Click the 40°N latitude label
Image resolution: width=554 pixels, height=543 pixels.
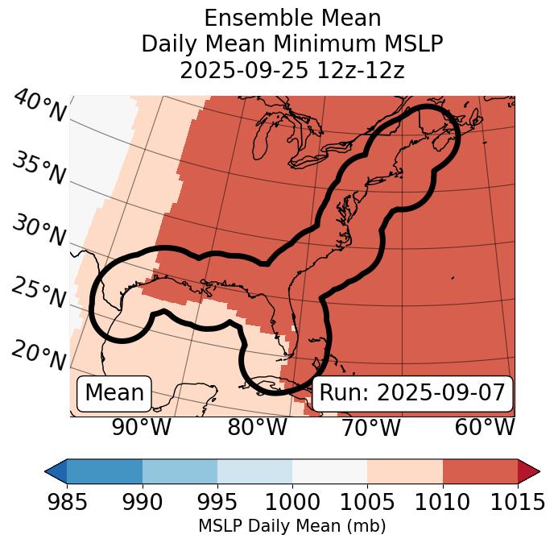[39, 106]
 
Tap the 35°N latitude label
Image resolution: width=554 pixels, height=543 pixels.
[39, 168]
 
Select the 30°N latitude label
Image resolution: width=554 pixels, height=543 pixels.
[39, 231]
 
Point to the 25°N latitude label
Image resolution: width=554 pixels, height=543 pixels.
[39, 293]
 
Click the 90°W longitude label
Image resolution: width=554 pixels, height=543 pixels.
[143, 428]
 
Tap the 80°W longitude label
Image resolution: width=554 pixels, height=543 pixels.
[257, 428]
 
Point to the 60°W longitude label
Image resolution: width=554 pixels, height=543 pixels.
[484, 428]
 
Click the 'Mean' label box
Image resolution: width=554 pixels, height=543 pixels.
[114, 393]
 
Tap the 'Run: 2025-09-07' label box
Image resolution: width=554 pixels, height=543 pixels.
[412, 393]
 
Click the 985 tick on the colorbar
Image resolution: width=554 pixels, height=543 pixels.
[67, 502]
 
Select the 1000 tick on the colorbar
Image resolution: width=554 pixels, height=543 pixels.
[292, 502]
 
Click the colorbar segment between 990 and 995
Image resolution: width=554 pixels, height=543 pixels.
[180, 470]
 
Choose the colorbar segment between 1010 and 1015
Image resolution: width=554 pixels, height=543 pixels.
[480, 470]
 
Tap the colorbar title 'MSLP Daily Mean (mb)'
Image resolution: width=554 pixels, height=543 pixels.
[291, 526]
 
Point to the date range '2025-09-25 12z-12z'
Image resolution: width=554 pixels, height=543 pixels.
[292, 70]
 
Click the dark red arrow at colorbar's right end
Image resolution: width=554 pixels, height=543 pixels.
[528, 470]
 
